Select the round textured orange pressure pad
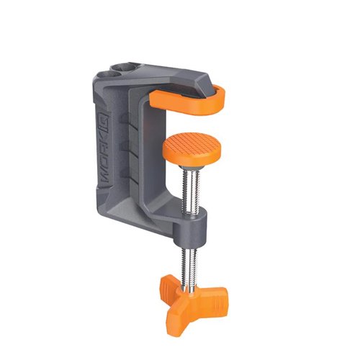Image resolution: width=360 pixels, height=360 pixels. pos(192,148)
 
